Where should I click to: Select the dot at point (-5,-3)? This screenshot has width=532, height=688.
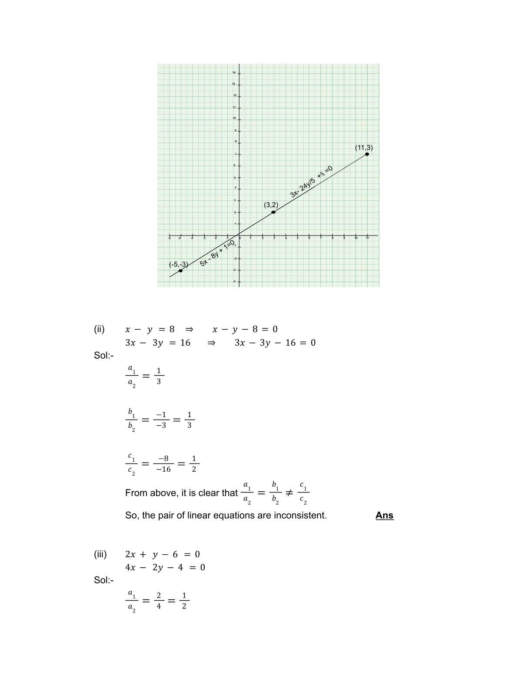click(180, 271)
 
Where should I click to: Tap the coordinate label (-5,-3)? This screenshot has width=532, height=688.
click(178, 264)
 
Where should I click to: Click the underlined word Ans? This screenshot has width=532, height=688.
click(384, 515)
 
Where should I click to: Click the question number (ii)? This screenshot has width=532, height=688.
click(99, 329)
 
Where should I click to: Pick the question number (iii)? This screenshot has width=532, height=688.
click(100, 554)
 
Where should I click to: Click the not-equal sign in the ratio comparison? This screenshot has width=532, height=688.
click(289, 493)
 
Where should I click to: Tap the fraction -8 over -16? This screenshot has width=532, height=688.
click(163, 464)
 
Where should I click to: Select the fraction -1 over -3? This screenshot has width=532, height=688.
click(161, 420)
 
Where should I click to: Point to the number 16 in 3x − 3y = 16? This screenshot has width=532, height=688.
click(185, 343)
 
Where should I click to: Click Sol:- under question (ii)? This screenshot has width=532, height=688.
click(103, 355)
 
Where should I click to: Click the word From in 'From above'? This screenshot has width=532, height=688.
click(135, 493)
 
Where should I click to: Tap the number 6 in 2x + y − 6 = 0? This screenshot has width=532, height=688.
click(175, 554)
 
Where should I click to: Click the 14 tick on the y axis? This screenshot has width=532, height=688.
click(234, 72)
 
